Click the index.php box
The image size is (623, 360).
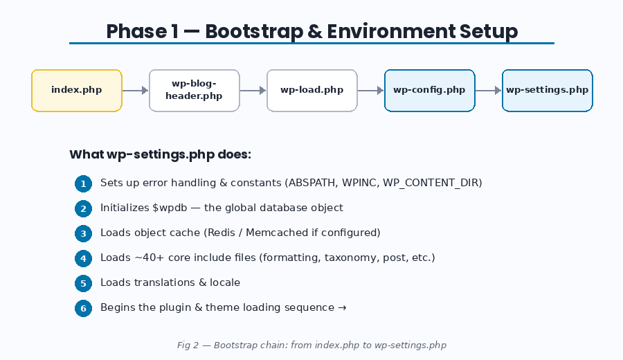point(77,90)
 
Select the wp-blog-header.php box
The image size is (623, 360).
point(195,90)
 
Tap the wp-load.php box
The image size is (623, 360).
point(312,90)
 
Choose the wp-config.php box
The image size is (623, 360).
point(430,90)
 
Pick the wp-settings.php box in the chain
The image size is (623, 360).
point(547,90)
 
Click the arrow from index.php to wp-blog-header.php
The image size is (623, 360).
point(136,90)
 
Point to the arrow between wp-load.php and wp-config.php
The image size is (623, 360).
point(371,90)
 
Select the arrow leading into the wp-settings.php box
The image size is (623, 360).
point(489,90)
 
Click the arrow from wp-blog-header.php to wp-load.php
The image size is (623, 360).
point(253,90)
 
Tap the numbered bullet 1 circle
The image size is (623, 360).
point(83,183)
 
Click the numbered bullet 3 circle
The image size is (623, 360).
point(83,233)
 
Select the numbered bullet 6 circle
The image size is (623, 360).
point(83,308)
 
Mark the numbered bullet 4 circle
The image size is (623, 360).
point(83,258)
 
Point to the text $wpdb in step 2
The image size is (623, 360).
point(169,208)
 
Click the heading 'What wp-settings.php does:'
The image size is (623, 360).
point(160,154)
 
